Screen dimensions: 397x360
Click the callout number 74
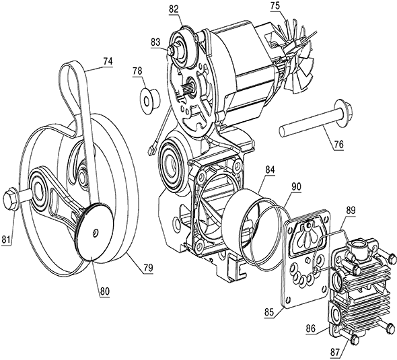108,61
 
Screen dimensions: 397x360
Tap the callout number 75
275,6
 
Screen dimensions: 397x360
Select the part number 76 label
339,145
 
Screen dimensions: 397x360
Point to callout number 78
137,71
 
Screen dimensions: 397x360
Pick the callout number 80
104,291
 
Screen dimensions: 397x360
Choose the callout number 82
174,10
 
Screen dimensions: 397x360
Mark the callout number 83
155,42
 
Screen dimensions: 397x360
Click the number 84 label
270,170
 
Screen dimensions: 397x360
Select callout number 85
269,312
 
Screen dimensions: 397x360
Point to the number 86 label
310,329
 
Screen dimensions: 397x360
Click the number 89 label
351,211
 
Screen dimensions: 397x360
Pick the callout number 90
296,186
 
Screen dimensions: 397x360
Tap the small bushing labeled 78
149,101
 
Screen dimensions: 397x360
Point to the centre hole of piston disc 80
95,231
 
